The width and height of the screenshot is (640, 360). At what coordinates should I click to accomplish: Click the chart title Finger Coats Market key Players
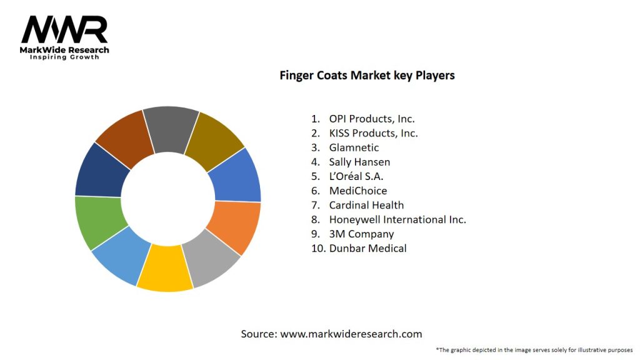(x=367, y=76)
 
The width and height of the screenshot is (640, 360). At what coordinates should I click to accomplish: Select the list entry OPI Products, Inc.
(x=371, y=118)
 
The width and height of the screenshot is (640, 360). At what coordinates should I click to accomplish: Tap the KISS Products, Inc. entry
(x=373, y=132)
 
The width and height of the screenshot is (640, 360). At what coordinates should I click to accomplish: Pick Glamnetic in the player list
(x=354, y=147)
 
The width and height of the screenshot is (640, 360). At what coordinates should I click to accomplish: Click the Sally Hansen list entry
(x=359, y=162)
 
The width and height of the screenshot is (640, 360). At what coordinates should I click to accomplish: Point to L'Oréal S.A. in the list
(x=356, y=176)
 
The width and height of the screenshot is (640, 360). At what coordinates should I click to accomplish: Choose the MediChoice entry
(x=357, y=191)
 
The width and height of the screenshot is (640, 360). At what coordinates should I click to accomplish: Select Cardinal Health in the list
(x=366, y=205)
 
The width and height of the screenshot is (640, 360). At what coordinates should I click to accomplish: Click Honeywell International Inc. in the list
(x=397, y=219)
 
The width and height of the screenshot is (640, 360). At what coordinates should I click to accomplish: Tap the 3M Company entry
(x=361, y=234)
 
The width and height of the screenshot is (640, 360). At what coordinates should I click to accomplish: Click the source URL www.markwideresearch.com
(x=351, y=334)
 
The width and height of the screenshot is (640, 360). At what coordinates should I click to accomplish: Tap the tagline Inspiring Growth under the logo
(x=64, y=57)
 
